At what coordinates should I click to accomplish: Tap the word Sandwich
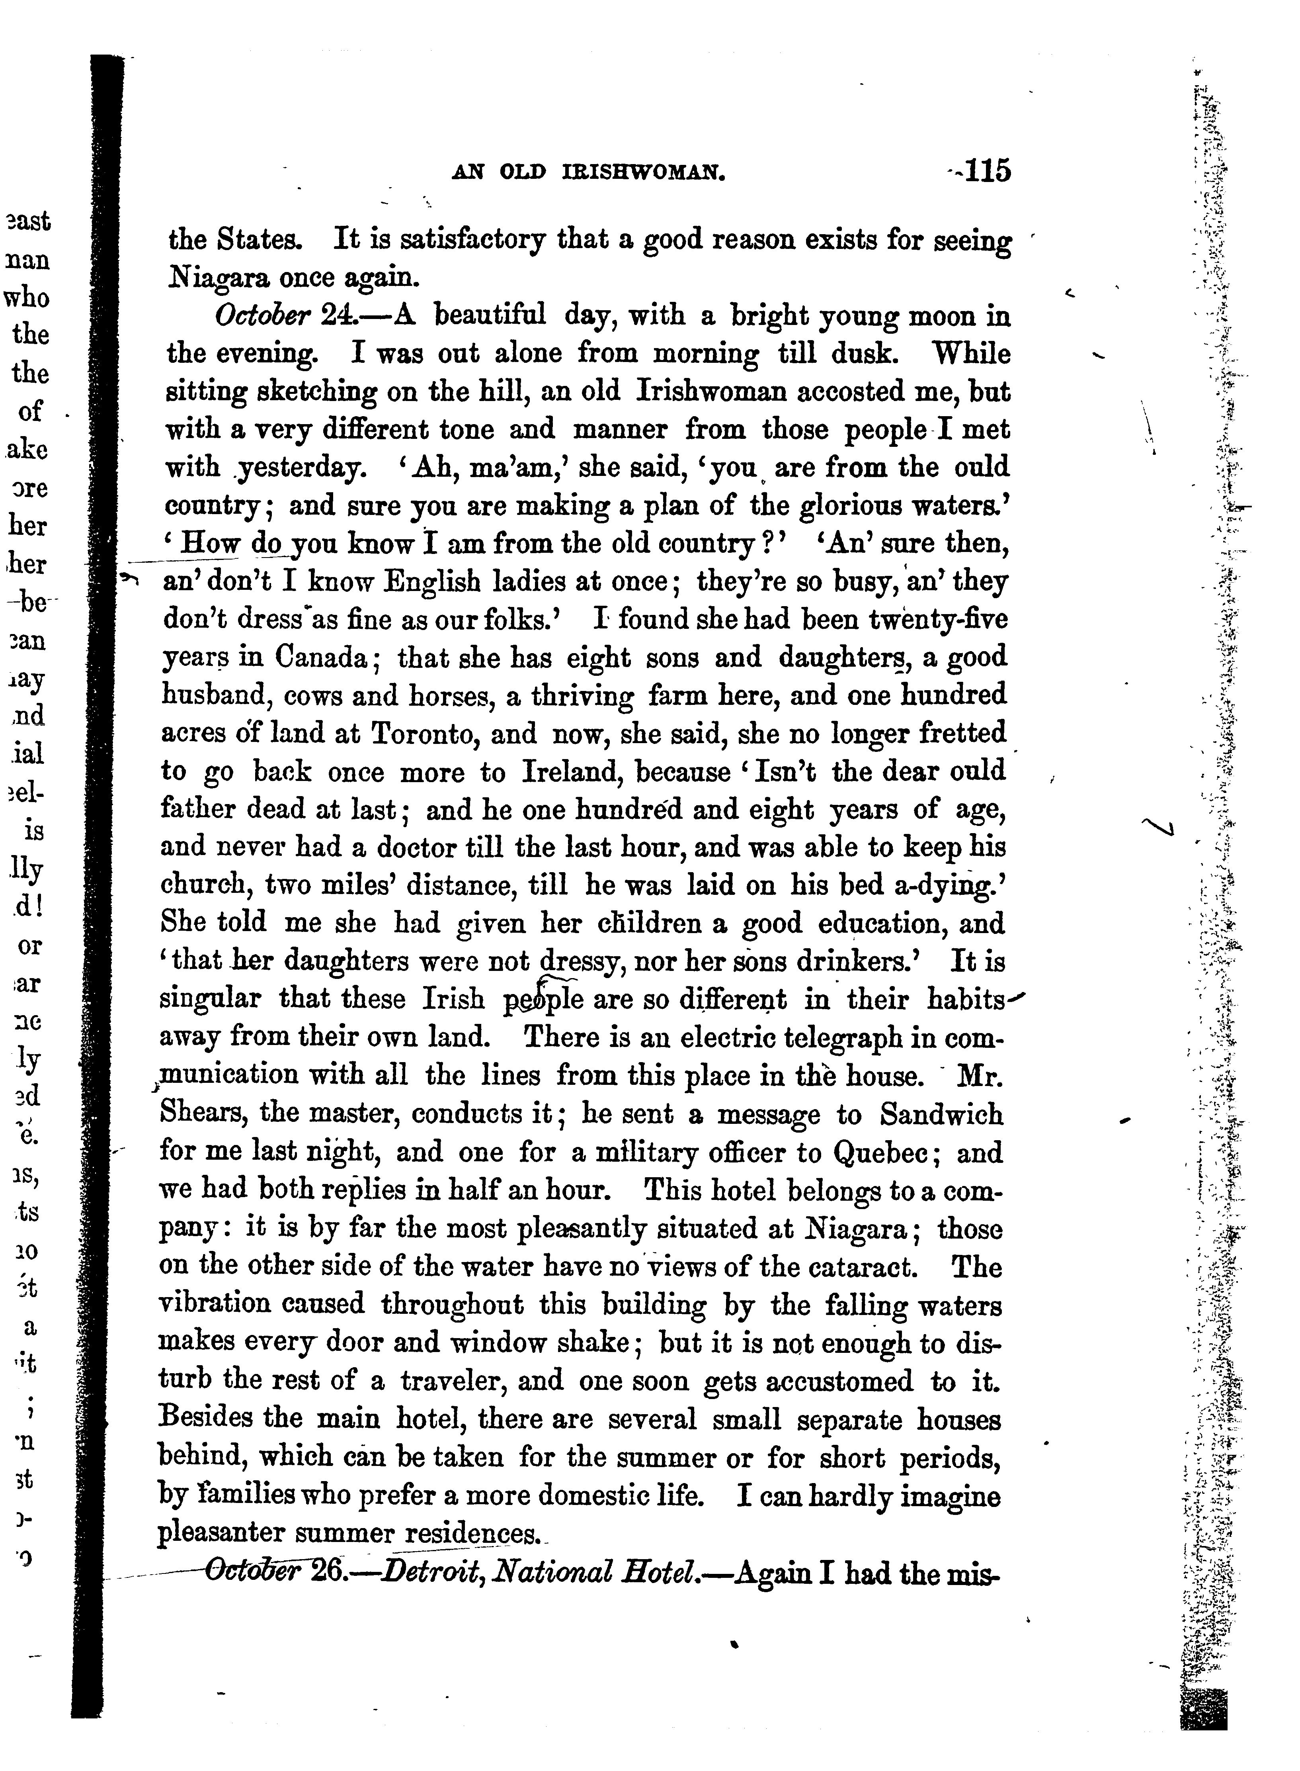(941, 1114)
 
